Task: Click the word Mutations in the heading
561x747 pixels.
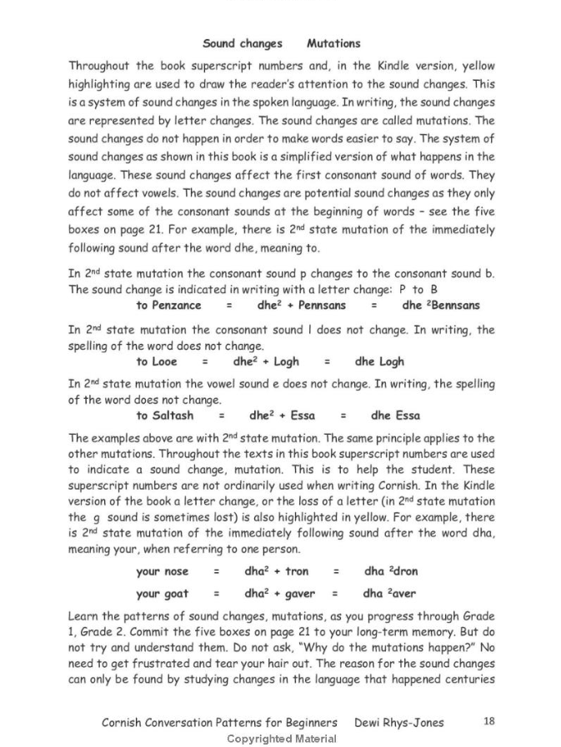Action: tap(333, 43)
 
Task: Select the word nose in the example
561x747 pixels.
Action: tap(175, 571)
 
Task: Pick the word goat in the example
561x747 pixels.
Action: tap(175, 594)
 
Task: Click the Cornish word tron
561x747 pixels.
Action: tap(297, 571)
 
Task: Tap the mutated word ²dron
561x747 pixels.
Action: tap(400, 571)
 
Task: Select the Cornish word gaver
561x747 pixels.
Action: tap(302, 594)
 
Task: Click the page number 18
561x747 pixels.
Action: tap(488, 721)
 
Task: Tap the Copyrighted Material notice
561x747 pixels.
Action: tap(283, 738)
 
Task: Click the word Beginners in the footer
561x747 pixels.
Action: tap(308, 722)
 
